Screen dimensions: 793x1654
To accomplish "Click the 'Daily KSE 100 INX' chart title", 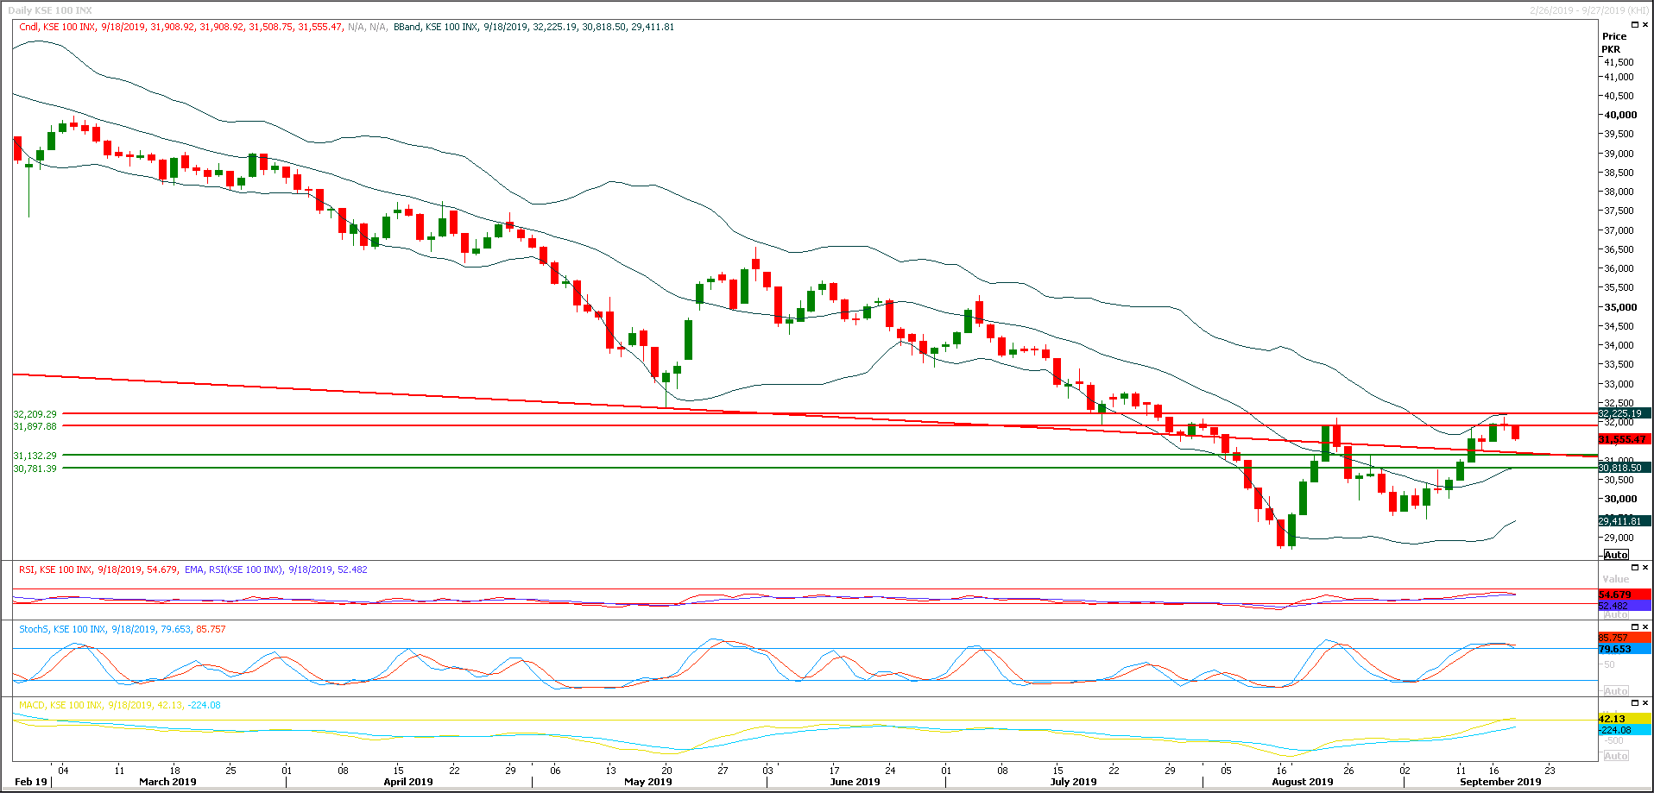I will [x=50, y=10].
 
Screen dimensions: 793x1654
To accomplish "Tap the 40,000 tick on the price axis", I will [x=1620, y=115].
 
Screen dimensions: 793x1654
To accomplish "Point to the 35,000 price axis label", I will [x=1620, y=307].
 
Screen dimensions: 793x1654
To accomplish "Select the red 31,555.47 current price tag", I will [x=1623, y=439].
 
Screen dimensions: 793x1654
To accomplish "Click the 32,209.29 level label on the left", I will [x=35, y=414].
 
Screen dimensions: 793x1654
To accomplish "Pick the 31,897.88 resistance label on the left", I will [x=35, y=426].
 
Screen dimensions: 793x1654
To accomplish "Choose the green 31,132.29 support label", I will [x=35, y=456].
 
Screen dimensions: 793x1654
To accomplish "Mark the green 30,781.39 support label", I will [x=35, y=469].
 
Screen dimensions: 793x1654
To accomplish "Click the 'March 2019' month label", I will [x=167, y=782].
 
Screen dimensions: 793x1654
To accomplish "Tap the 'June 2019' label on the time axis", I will [x=855, y=782].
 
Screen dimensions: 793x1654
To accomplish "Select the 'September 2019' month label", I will [x=1499, y=782].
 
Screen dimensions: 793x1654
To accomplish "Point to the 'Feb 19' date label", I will [x=31, y=782].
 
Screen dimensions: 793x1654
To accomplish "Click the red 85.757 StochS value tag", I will [x=1613, y=639].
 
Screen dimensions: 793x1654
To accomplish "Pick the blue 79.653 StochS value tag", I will [x=1614, y=649].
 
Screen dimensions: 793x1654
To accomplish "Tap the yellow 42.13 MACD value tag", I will [x=1612, y=719].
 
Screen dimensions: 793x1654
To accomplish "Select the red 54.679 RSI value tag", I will [x=1614, y=595].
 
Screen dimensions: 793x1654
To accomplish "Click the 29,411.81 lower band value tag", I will [x=1619, y=521].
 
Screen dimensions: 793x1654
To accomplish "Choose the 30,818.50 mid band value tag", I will [x=1619, y=468].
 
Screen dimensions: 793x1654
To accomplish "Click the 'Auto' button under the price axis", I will [x=1616, y=555].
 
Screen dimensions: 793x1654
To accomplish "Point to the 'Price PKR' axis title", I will [x=1613, y=42].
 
